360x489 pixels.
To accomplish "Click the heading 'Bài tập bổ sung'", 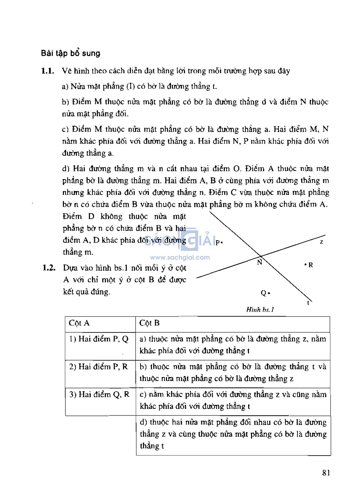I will pos(71,53).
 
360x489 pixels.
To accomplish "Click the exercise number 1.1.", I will pos(47,71).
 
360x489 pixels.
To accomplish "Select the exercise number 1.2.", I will pos(49,268).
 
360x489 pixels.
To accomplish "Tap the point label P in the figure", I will pos(218,242).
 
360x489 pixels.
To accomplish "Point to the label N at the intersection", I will pos(259,262).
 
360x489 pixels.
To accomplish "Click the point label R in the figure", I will pos(310,265).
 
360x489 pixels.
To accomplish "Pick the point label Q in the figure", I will pos(263,293).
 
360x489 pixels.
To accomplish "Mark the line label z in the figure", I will pos(321,242).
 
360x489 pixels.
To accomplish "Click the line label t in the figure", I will pos(308,303).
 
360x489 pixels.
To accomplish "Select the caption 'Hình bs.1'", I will pos(260,310).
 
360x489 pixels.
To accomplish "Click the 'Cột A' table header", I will pos(79,323).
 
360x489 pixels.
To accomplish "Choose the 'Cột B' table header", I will pos(149,323).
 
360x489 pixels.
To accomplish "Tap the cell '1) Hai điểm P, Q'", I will pos(99,339).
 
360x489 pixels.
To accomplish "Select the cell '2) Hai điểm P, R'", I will pos(98,367).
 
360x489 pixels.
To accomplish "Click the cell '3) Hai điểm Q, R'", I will pos(99,395).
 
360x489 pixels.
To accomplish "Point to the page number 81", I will pos(326,473).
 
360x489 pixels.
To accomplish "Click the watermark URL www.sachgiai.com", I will pos(180,258).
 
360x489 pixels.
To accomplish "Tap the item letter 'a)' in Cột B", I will pos(143,339).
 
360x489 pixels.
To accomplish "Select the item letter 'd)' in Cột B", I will pos(143,423).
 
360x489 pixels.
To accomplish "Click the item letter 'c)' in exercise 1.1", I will pos(65,130).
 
